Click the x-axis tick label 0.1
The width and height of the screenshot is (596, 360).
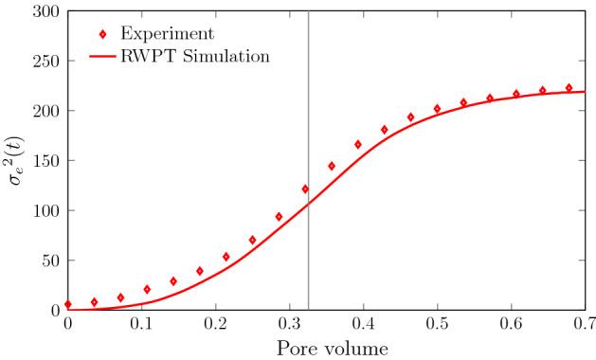141,324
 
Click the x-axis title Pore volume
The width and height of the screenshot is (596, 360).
326,348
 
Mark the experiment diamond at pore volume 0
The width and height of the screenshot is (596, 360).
67,304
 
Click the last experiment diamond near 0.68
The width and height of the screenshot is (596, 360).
569,88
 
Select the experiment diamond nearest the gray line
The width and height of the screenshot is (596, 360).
304,189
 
